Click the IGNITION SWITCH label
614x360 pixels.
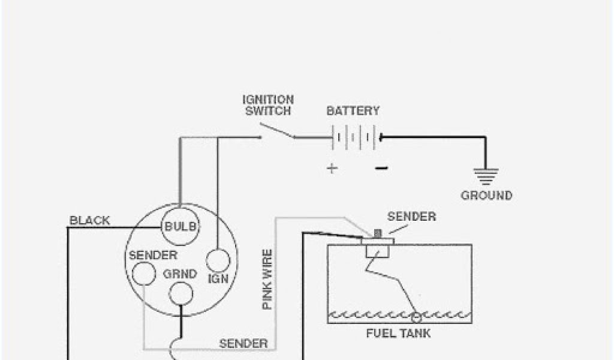[x=268, y=105]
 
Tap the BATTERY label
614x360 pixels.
[x=353, y=111]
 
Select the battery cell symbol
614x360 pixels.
[x=356, y=137]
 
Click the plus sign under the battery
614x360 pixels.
[x=332, y=169]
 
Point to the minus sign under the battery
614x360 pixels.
[x=381, y=169]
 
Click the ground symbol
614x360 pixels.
[x=486, y=176]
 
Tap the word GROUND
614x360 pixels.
[x=486, y=196]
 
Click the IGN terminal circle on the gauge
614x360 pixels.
[x=218, y=261]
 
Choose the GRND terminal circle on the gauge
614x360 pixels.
[x=180, y=293]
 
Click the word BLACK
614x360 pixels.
[x=90, y=220]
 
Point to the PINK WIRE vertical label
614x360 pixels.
[x=267, y=279]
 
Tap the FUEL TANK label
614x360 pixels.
[x=398, y=333]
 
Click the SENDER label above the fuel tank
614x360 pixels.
[x=411, y=217]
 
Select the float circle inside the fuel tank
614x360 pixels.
[x=416, y=316]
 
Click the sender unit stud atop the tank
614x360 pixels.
[x=378, y=233]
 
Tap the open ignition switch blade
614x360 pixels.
[x=278, y=132]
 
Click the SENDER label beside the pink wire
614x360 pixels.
[x=243, y=344]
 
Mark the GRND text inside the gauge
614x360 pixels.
[x=180, y=274]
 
